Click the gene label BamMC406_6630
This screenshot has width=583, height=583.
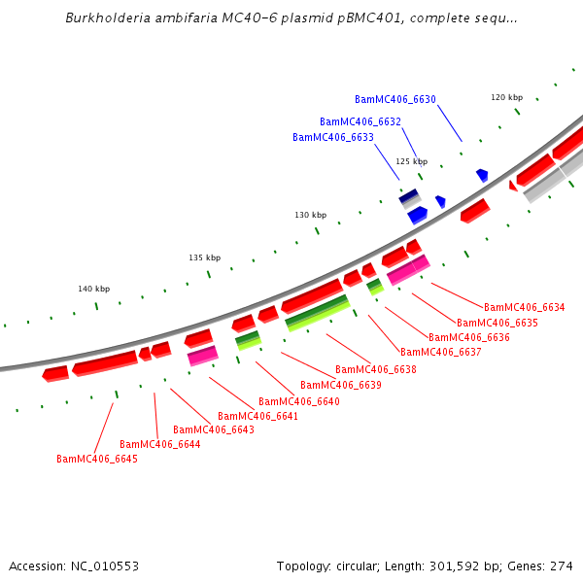tap(394, 99)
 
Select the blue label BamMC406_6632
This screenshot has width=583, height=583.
tap(360, 121)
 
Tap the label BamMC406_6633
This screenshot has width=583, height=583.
tap(332, 137)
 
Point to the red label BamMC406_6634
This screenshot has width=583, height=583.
tap(524, 307)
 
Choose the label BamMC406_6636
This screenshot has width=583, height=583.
tap(469, 337)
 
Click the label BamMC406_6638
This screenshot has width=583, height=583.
tap(375, 369)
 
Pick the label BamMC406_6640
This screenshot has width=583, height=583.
tap(298, 401)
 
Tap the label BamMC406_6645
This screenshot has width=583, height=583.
tap(96, 459)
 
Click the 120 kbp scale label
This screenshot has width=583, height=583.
tap(506, 97)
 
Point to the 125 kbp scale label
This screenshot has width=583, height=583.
tap(411, 161)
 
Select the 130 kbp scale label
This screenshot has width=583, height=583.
tap(311, 215)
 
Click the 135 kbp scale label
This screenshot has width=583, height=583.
tap(204, 257)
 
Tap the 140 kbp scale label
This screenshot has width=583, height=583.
tap(93, 289)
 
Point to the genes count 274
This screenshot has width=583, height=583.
tap(562, 566)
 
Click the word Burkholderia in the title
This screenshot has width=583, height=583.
tap(108, 18)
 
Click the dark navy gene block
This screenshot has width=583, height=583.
tap(409, 195)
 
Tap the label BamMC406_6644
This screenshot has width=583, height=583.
tap(159, 444)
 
